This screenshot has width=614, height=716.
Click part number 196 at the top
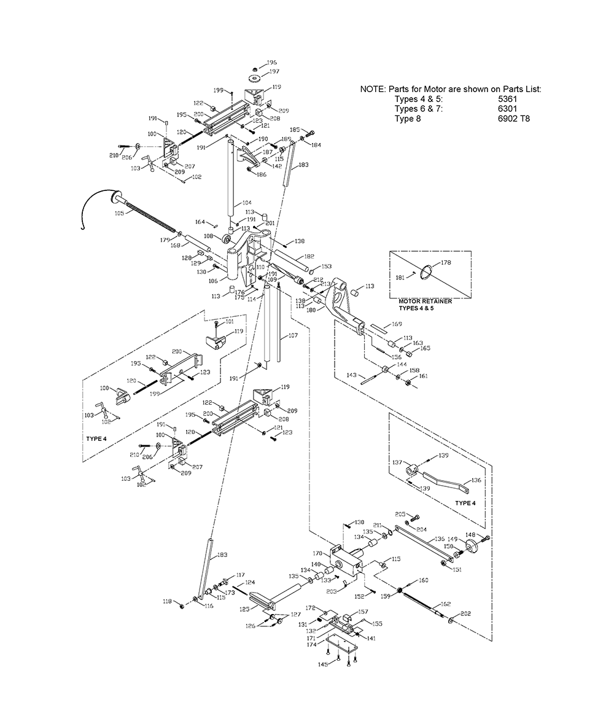tap(271, 63)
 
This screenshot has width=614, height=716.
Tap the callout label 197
tap(274, 72)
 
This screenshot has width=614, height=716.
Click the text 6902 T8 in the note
tap(514, 118)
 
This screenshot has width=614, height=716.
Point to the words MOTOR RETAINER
tap(425, 301)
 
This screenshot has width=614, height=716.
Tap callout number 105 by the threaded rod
tap(119, 213)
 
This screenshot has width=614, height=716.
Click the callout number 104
tap(246, 202)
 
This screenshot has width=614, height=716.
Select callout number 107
tap(292, 336)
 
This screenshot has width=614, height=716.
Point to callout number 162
tap(445, 604)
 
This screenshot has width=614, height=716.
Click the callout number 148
tap(487, 534)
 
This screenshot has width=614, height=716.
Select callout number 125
tap(244, 610)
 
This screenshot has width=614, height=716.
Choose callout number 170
tap(317, 554)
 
